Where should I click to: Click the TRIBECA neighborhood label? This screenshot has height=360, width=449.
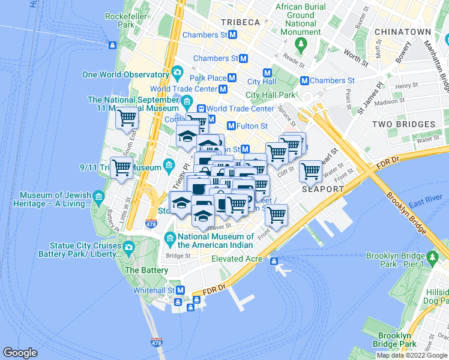pos(240,22)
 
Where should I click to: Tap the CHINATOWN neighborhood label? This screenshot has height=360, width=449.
pos(402,31)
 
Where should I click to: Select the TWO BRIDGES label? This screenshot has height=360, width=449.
pos(403,124)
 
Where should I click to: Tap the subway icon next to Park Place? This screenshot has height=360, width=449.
pos(232,79)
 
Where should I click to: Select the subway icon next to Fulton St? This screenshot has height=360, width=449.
pos(231,126)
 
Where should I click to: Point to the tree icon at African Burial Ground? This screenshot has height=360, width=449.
pos(301,44)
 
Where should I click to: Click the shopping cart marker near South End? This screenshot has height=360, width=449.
pos(127,119)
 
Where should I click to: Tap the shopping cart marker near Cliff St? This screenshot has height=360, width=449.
pos(310,171)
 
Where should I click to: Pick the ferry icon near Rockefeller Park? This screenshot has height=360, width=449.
pos(112,45)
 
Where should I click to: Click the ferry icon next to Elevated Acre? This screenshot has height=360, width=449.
pos(274,260)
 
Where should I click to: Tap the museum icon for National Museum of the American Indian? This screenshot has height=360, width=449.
pos(170,239)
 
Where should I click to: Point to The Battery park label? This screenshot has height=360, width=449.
pos(146,270)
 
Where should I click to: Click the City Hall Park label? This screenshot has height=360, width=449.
pos(271,95)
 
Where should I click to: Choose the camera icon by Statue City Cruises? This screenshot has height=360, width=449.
pos(128,247)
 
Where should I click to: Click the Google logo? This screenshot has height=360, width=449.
pos(20,353)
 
